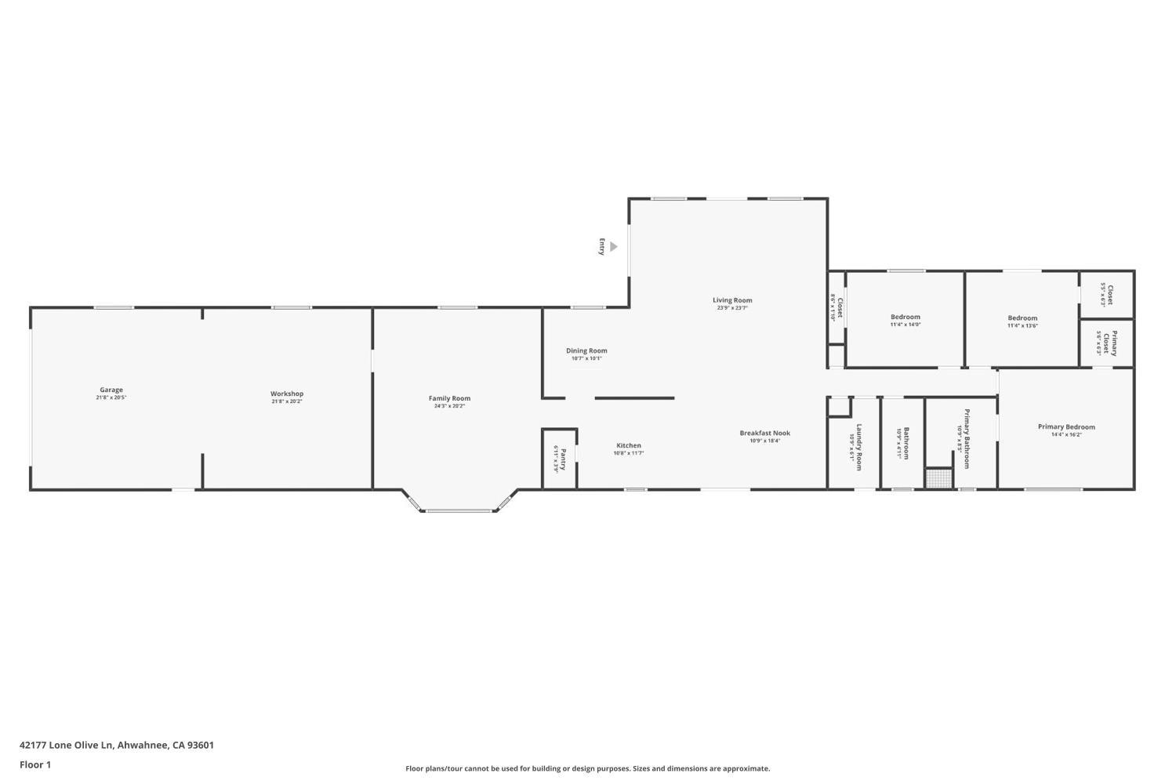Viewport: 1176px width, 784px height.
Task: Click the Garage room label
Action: [x=111, y=390]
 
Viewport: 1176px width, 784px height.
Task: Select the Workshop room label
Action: [x=287, y=394]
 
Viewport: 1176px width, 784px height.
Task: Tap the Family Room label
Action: [x=449, y=398]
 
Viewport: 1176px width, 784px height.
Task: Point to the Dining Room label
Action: [x=586, y=350]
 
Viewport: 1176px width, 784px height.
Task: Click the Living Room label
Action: [x=732, y=300]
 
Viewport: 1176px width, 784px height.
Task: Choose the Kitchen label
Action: [x=628, y=445]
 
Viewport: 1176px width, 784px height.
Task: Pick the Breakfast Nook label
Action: [x=764, y=433]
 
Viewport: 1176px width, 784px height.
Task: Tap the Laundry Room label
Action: [x=859, y=446]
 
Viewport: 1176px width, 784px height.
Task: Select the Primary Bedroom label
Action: [x=1066, y=426]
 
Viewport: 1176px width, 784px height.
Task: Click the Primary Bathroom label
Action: [x=967, y=438]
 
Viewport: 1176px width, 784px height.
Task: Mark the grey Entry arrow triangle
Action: [x=613, y=247]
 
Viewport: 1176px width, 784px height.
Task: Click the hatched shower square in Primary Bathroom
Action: [x=938, y=478]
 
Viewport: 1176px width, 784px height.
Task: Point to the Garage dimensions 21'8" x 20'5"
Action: [x=111, y=397]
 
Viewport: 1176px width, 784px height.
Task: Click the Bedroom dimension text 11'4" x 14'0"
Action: [x=906, y=325]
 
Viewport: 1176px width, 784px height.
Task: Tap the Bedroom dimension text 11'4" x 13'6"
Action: [x=1022, y=325]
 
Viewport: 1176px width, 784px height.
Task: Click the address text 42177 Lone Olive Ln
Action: [x=67, y=745]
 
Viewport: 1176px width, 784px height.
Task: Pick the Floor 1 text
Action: [x=35, y=764]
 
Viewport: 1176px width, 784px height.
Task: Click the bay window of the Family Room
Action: [x=459, y=510]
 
